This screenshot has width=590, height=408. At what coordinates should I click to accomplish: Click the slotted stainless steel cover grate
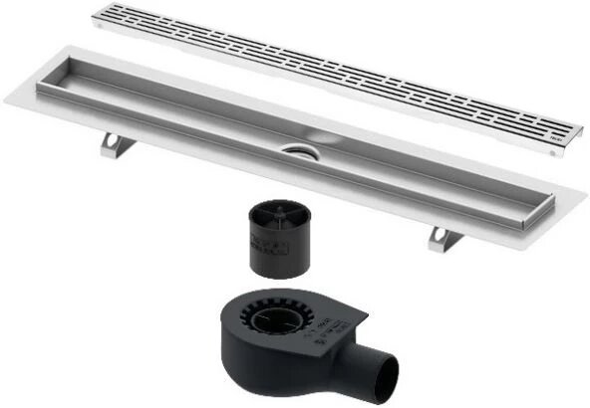[329, 75]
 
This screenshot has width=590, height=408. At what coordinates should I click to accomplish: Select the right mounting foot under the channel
[441, 238]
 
